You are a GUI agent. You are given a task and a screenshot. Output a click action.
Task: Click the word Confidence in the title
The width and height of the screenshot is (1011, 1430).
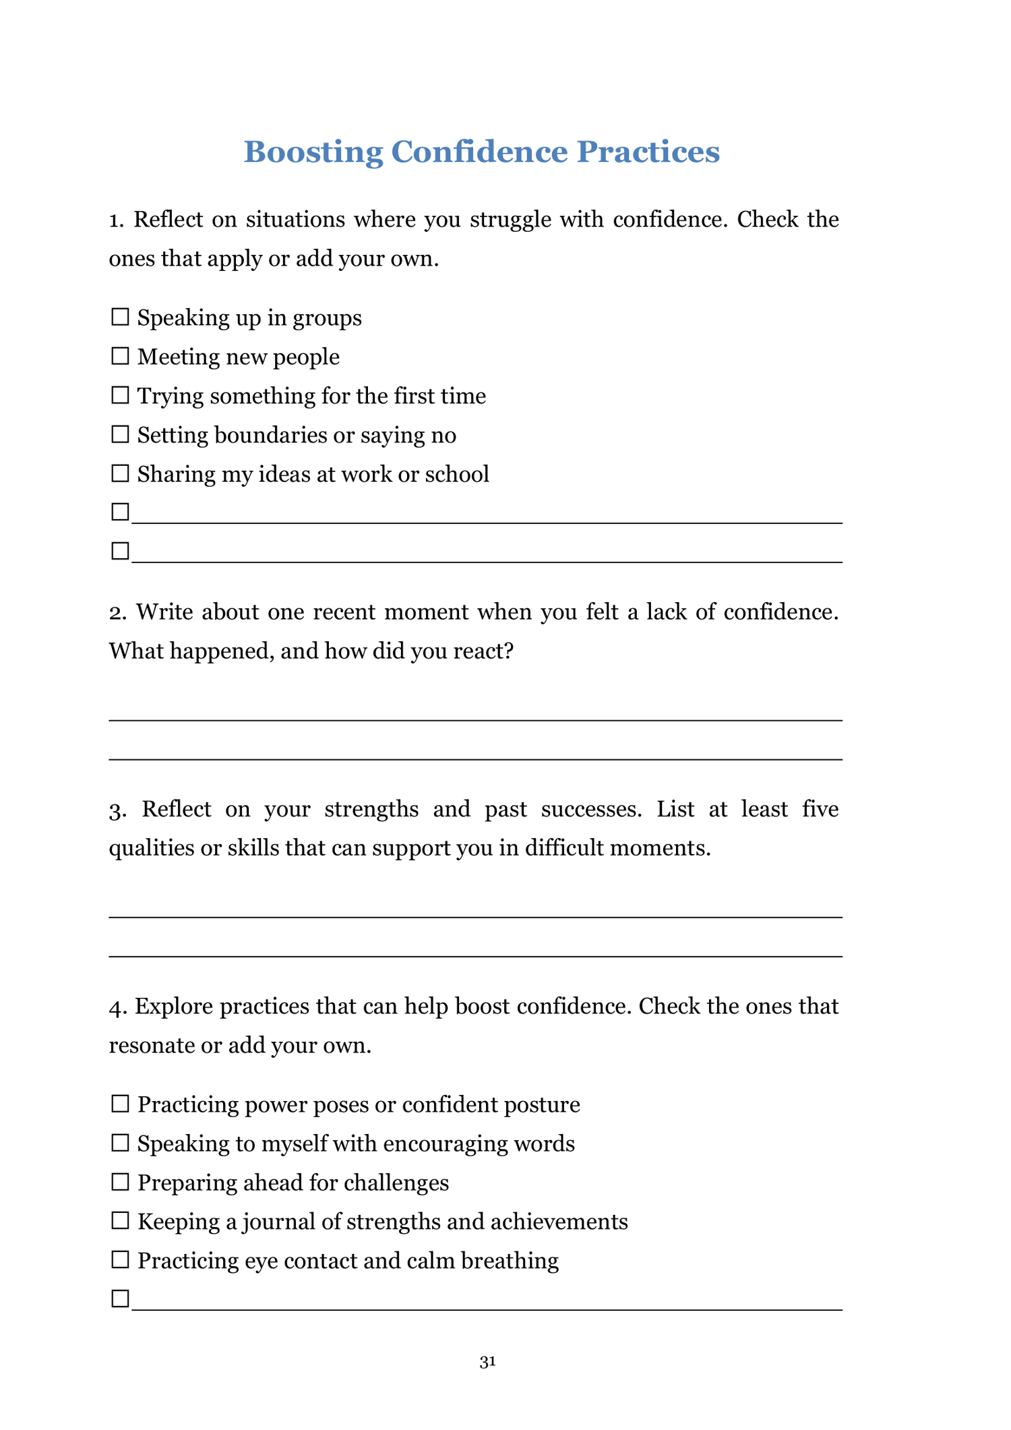(480, 152)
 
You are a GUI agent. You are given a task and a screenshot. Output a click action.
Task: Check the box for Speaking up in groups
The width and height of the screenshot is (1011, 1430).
(120, 317)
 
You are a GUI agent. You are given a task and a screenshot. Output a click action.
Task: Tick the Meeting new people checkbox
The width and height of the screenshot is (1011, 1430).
(120, 356)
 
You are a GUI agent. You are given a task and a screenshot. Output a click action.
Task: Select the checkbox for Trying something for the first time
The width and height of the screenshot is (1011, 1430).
(120, 395)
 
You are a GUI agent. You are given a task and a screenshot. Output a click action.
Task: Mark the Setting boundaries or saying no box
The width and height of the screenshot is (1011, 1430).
(120, 434)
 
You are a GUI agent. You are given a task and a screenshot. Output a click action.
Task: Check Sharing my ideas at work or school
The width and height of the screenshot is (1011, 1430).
(120, 473)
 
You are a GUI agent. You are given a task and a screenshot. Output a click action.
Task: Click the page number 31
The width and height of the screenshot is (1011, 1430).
(487, 1362)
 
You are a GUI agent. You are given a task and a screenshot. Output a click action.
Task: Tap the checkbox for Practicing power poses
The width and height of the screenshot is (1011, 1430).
(120, 1104)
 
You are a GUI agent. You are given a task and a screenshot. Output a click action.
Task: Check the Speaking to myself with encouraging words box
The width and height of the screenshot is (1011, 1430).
(120, 1143)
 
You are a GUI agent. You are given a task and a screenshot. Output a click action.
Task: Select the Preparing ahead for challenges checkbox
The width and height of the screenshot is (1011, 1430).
(120, 1182)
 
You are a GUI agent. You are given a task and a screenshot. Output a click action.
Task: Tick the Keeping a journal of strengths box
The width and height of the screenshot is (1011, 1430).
(120, 1221)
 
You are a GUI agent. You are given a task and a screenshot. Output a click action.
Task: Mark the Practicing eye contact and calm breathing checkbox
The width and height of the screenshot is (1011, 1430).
(120, 1260)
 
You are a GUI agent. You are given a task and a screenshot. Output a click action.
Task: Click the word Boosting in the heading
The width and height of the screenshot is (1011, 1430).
(313, 152)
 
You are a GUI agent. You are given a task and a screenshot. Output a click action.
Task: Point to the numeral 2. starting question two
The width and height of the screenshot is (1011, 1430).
(117, 612)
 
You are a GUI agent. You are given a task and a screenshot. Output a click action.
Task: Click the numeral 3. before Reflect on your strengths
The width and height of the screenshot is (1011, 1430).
(117, 809)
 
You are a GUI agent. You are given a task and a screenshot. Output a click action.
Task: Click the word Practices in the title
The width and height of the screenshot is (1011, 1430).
(648, 152)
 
